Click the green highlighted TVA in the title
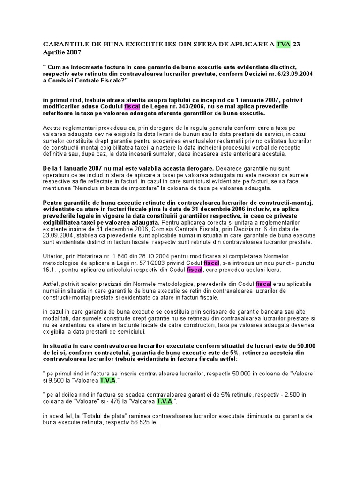(x=284, y=45)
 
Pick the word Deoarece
(x=231, y=167)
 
